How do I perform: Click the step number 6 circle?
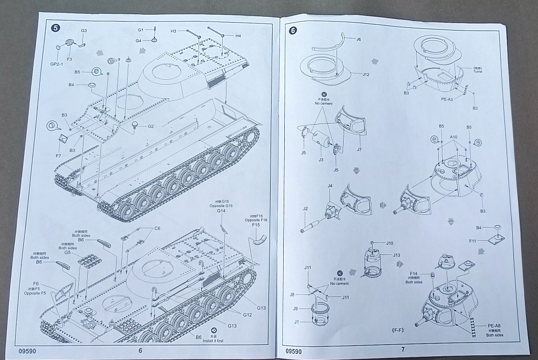tap(293, 30)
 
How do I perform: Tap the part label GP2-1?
tap(57, 64)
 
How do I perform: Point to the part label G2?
tap(151, 126)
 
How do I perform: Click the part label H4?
tap(238, 36)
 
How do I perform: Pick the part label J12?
tap(366, 74)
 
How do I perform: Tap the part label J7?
tap(359, 150)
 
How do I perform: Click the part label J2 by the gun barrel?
tap(305, 208)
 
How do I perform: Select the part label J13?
tap(396, 255)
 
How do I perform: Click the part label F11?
tap(472, 241)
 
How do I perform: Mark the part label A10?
tap(453, 137)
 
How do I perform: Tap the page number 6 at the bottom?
tap(140, 350)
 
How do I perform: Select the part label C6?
tap(157, 229)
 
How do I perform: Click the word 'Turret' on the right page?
tap(477, 71)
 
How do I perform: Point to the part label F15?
tap(256, 224)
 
